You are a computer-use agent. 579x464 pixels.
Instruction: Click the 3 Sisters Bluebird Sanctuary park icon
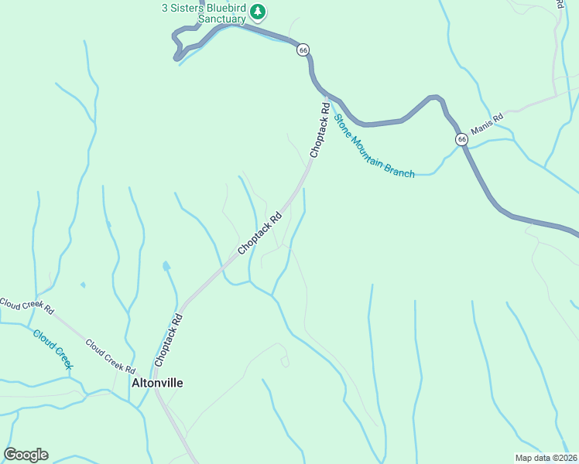pyautogui.click(x=259, y=12)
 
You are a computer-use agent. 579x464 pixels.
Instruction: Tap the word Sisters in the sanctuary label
pyautogui.click(x=190, y=9)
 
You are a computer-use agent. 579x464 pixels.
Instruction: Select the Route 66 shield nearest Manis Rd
pyautogui.click(x=461, y=139)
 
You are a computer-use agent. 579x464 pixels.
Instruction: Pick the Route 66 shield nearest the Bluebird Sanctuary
pyautogui.click(x=303, y=49)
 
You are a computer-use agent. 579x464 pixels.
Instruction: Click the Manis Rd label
pyautogui.click(x=487, y=122)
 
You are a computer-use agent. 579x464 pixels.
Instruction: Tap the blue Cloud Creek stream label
pyautogui.click(x=53, y=349)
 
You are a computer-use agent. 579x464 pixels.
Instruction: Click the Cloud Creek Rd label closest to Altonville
pyautogui.click(x=111, y=356)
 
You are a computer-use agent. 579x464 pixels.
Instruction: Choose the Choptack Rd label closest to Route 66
pyautogui.click(x=320, y=131)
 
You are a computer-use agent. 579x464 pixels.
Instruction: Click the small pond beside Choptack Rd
pyautogui.click(x=166, y=267)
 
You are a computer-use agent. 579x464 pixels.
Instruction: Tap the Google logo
pyautogui.click(x=26, y=455)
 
